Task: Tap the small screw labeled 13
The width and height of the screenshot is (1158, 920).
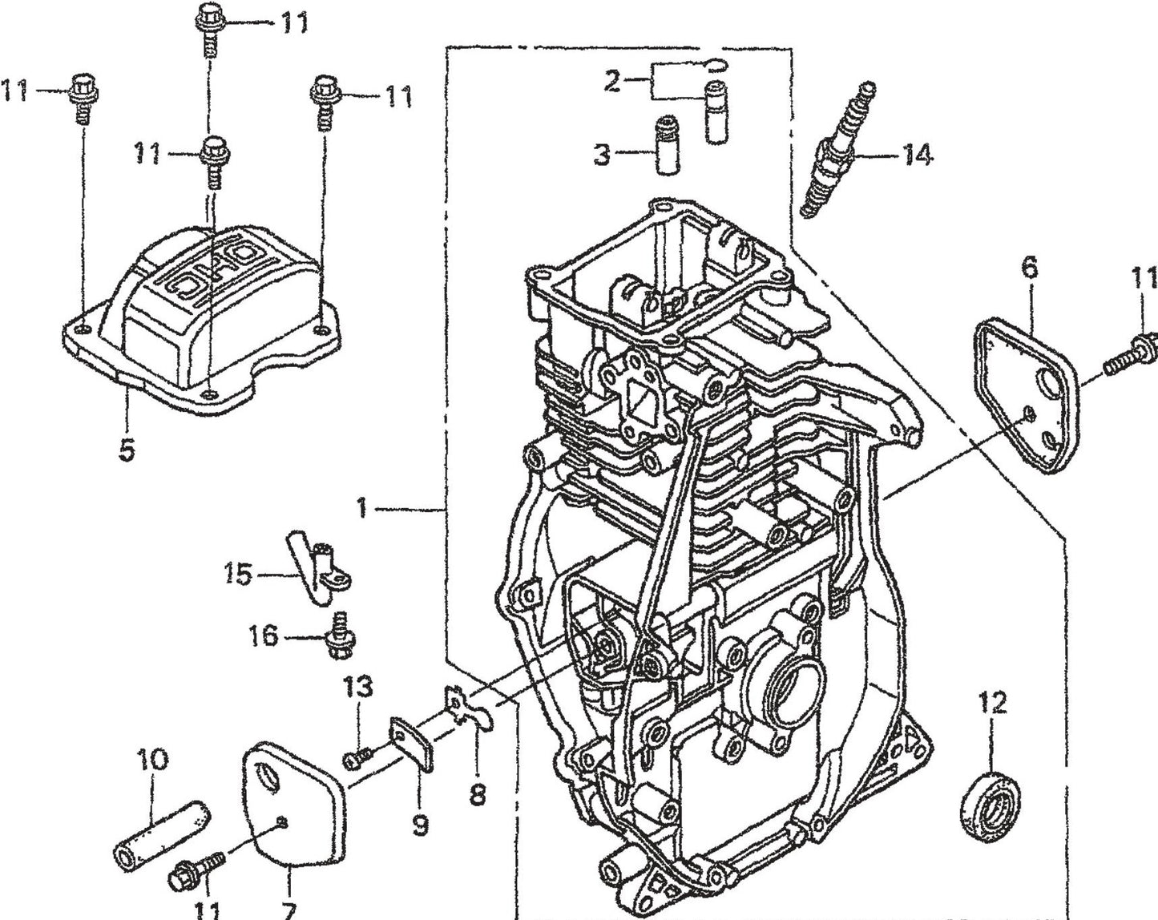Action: click(x=357, y=758)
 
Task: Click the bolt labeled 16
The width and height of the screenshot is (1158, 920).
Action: click(x=338, y=636)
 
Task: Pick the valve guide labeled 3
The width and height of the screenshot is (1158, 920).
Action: click(x=667, y=146)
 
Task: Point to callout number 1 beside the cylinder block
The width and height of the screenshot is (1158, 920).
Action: click(x=362, y=508)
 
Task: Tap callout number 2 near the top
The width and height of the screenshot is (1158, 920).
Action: click(x=613, y=80)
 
